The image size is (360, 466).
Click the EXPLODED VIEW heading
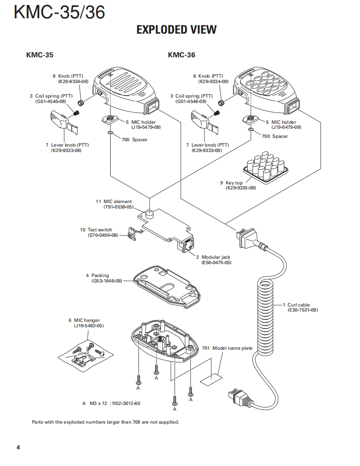[176, 29]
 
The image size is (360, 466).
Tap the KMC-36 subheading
[182, 55]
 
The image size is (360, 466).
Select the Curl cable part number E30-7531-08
[303, 310]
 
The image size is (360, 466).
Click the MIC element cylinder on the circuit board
[151, 214]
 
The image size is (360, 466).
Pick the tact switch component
[131, 233]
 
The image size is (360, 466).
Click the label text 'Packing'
[100, 275]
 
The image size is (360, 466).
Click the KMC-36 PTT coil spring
[217, 113]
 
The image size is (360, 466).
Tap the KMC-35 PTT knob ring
[80, 103]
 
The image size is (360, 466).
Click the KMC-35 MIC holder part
[109, 120]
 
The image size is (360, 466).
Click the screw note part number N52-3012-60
[126, 404]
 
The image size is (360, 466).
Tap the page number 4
[18, 447]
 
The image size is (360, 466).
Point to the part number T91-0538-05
[119, 207]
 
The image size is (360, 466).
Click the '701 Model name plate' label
[227, 348]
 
